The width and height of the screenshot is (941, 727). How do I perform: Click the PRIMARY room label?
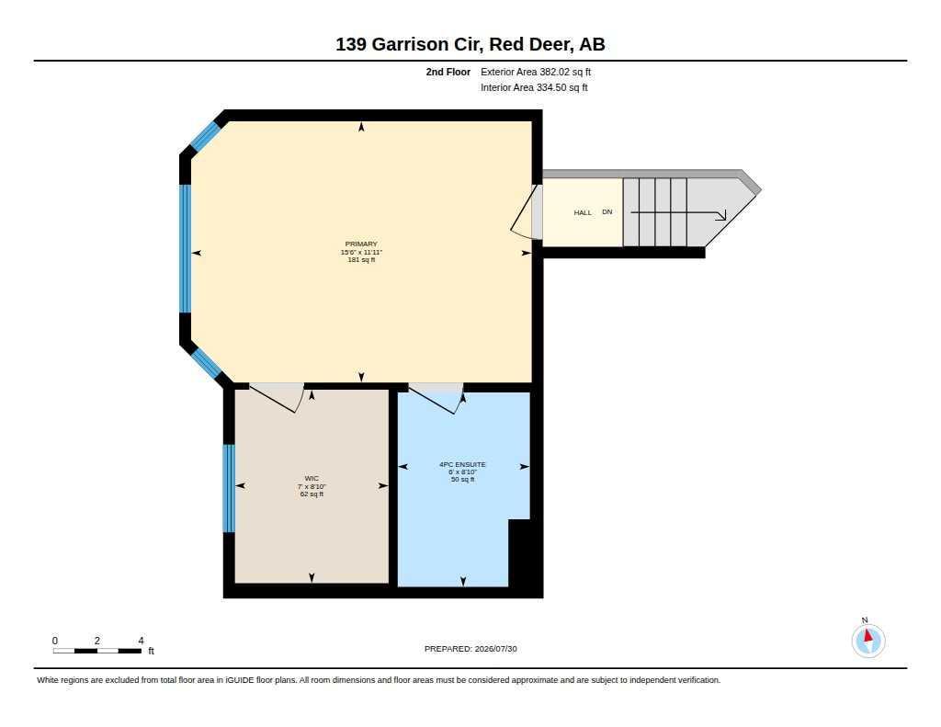(x=361, y=244)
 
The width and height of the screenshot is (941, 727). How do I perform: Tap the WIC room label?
(x=312, y=479)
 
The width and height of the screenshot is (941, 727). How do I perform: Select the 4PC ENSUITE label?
(x=463, y=465)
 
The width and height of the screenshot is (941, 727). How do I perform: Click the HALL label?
(x=583, y=212)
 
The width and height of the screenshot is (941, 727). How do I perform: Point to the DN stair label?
(x=607, y=212)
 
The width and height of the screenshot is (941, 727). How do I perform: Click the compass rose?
(x=867, y=640)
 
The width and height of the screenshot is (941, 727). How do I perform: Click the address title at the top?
(x=470, y=44)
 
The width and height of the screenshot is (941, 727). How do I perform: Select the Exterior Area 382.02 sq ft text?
(x=536, y=72)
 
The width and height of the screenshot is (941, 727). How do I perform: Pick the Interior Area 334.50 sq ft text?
(x=534, y=87)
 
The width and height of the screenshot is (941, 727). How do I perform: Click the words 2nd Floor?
(x=448, y=72)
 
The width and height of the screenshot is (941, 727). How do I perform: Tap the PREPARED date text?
(x=470, y=649)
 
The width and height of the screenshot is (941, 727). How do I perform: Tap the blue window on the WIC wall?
(x=229, y=488)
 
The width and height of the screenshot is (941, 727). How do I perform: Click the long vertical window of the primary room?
(x=186, y=248)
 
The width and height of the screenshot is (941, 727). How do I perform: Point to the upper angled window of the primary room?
(x=205, y=136)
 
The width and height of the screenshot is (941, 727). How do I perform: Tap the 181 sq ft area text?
(x=361, y=260)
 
